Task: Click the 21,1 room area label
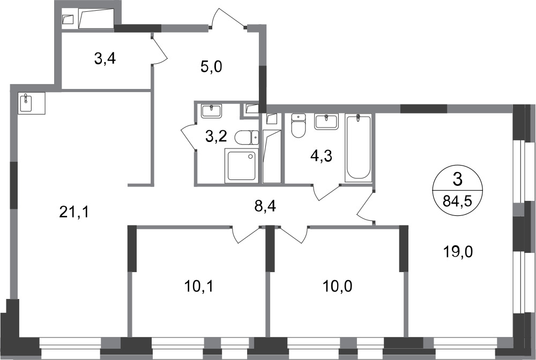pos(74,213)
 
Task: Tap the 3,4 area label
pos(105,59)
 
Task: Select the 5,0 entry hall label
pos(211,67)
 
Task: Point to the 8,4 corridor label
pos(265,206)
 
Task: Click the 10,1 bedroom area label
pos(199,286)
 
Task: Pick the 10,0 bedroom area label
pos(337,286)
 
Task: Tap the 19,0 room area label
pos(458,252)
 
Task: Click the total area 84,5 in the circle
pos(457,201)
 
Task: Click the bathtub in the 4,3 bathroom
pos(358,147)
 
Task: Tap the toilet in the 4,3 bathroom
pos(297,126)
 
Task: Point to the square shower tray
pos(241,164)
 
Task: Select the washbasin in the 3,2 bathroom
pos(211,111)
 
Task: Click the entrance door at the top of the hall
pos(228,18)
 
